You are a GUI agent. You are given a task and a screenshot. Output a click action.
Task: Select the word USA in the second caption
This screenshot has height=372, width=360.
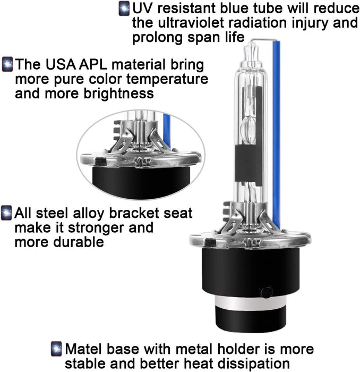click(x=61, y=64)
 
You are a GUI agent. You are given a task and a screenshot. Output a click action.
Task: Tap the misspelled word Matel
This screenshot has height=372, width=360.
click(x=84, y=349)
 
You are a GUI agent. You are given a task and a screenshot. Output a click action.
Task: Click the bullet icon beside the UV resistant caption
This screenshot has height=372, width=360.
click(x=124, y=9)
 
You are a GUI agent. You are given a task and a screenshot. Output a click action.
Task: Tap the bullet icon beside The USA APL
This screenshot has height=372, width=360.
click(x=7, y=64)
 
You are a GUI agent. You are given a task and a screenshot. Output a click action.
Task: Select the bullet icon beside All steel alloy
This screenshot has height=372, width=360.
click(x=6, y=213)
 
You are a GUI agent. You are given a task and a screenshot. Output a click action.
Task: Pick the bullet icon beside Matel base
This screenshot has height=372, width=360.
click(x=56, y=349)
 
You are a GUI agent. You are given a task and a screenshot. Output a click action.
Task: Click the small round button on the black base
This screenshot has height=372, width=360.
click(x=267, y=292)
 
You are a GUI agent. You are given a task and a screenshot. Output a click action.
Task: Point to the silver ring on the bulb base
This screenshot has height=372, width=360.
click(x=251, y=303)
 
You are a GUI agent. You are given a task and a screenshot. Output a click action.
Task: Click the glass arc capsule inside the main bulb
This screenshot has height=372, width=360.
click(x=248, y=129)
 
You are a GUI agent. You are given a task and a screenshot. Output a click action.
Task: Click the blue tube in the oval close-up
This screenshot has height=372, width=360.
click(x=167, y=131)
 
